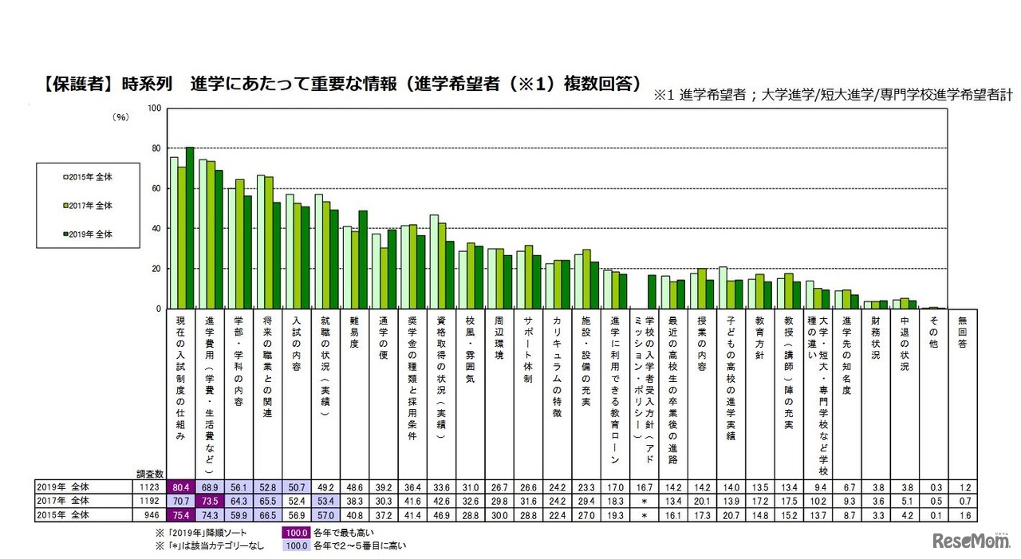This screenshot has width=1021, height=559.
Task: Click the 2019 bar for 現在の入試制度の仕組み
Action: [x=190, y=227]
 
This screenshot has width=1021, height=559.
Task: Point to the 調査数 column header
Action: [x=149, y=474]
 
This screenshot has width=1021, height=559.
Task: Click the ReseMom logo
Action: [x=967, y=540]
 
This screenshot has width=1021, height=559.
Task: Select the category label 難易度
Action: [x=352, y=333]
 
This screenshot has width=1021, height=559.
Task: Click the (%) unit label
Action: [x=120, y=116]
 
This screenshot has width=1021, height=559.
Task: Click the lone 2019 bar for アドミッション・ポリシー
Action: [x=651, y=291]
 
